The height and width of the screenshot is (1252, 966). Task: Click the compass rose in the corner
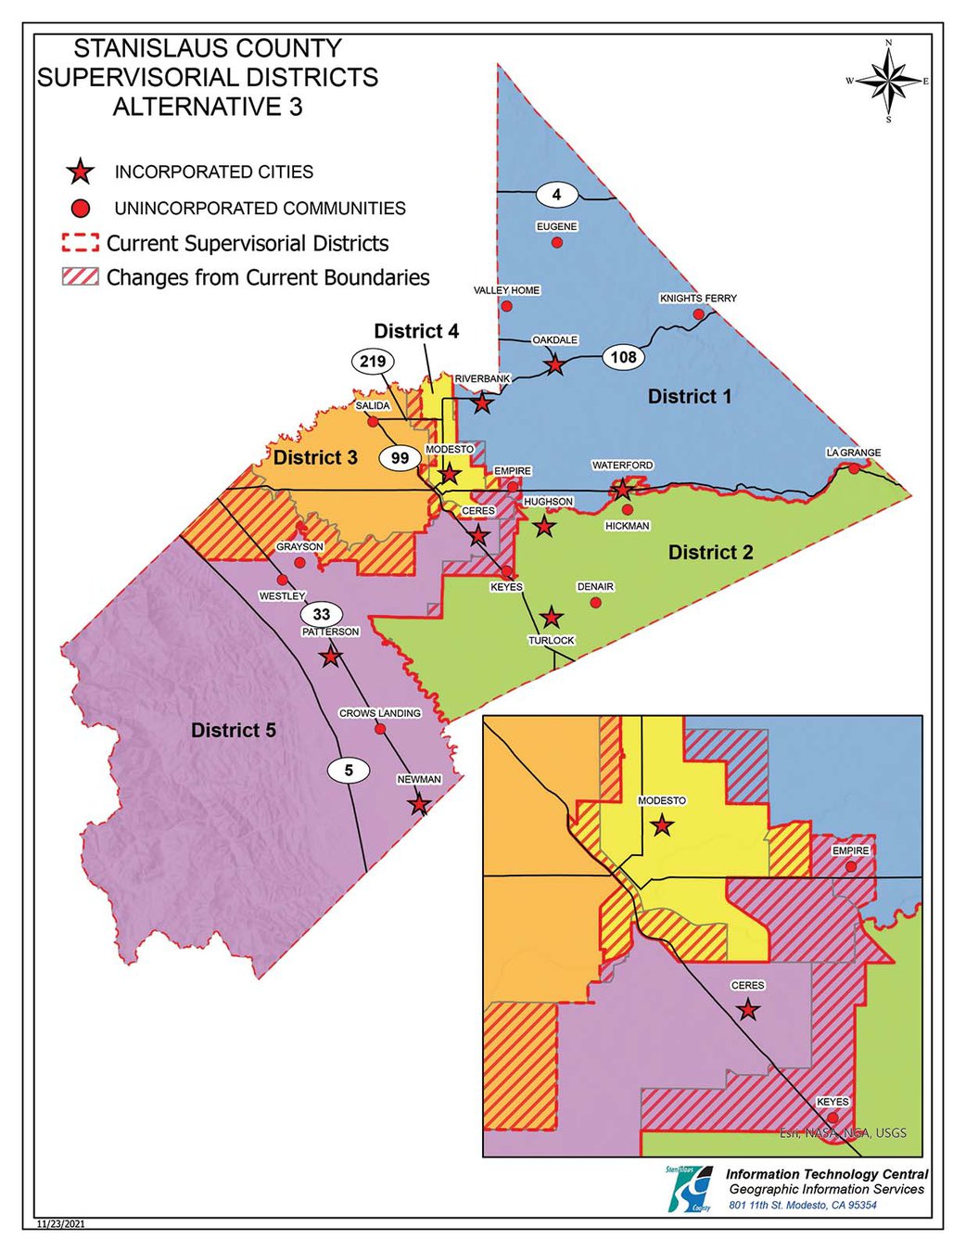tap(888, 82)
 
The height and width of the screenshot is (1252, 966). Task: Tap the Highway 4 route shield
tap(556, 195)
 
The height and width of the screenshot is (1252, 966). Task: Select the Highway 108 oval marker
tap(623, 357)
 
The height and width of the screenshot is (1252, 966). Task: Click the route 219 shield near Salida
tap(373, 361)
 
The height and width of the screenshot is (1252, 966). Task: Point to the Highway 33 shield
tap(321, 614)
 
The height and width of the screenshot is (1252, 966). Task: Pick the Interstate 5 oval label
tap(349, 770)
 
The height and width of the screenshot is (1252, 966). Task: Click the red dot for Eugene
tap(557, 242)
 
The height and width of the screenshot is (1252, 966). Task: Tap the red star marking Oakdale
tap(554, 364)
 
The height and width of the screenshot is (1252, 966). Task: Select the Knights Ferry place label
tap(698, 299)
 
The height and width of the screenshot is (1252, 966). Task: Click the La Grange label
tap(853, 453)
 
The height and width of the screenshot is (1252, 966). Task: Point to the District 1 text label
tap(689, 397)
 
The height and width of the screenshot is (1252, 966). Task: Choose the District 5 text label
tap(233, 731)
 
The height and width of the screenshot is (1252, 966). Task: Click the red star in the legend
tap(81, 172)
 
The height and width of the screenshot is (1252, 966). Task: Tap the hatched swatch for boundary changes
tap(80, 277)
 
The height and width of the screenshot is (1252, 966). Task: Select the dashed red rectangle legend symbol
tap(80, 243)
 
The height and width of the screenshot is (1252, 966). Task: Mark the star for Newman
tap(419, 803)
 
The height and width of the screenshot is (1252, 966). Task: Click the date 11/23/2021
tap(60, 1224)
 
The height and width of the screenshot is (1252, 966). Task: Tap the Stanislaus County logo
tap(690, 1188)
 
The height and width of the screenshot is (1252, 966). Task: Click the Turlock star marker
tap(552, 617)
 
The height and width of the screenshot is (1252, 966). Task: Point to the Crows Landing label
tap(379, 713)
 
